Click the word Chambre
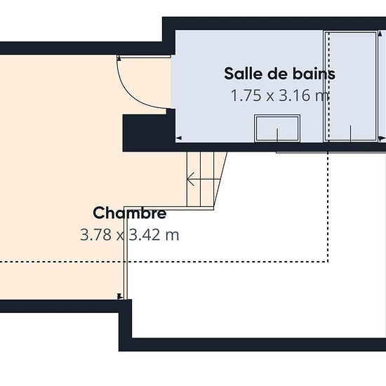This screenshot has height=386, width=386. coord(130,213)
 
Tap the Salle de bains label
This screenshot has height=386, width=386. coord(279,74)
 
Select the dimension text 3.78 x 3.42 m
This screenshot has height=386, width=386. coord(130,234)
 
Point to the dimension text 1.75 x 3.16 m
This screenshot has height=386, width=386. coord(280,95)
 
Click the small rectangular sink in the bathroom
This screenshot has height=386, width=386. coord(277,128)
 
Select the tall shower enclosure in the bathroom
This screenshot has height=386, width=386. coord(351,86)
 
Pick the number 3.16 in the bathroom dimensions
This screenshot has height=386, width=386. coord(295,95)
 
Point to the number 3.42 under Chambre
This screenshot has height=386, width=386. coord(145,234)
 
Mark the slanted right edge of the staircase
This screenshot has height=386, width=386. coord(220,179)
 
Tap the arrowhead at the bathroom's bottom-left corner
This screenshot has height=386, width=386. coord(178,138)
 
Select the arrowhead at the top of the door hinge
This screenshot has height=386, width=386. coord(119,58)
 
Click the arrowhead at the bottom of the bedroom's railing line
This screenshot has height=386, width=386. coord(120,296)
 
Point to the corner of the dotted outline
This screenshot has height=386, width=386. coord(328,262)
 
